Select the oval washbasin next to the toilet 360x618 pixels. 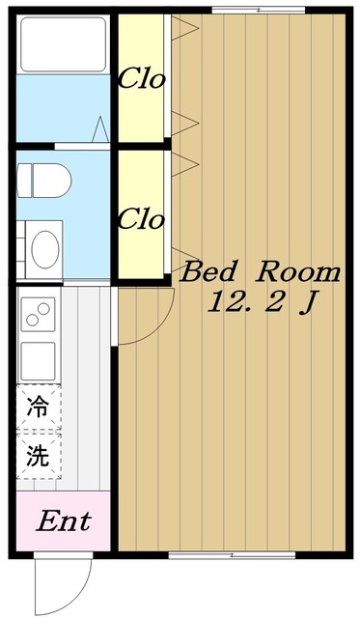click(x=45, y=248)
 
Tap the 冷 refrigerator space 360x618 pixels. click(x=38, y=406)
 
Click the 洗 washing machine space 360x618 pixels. click(x=38, y=456)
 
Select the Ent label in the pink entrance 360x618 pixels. click(x=63, y=522)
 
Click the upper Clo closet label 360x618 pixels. click(x=141, y=80)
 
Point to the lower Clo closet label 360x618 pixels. click(x=141, y=219)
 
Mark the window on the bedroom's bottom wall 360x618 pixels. click(x=232, y=555)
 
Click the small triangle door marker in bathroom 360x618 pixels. click(x=100, y=129)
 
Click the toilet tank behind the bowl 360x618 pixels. click(x=24, y=179)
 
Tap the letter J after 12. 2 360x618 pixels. click(x=308, y=303)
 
